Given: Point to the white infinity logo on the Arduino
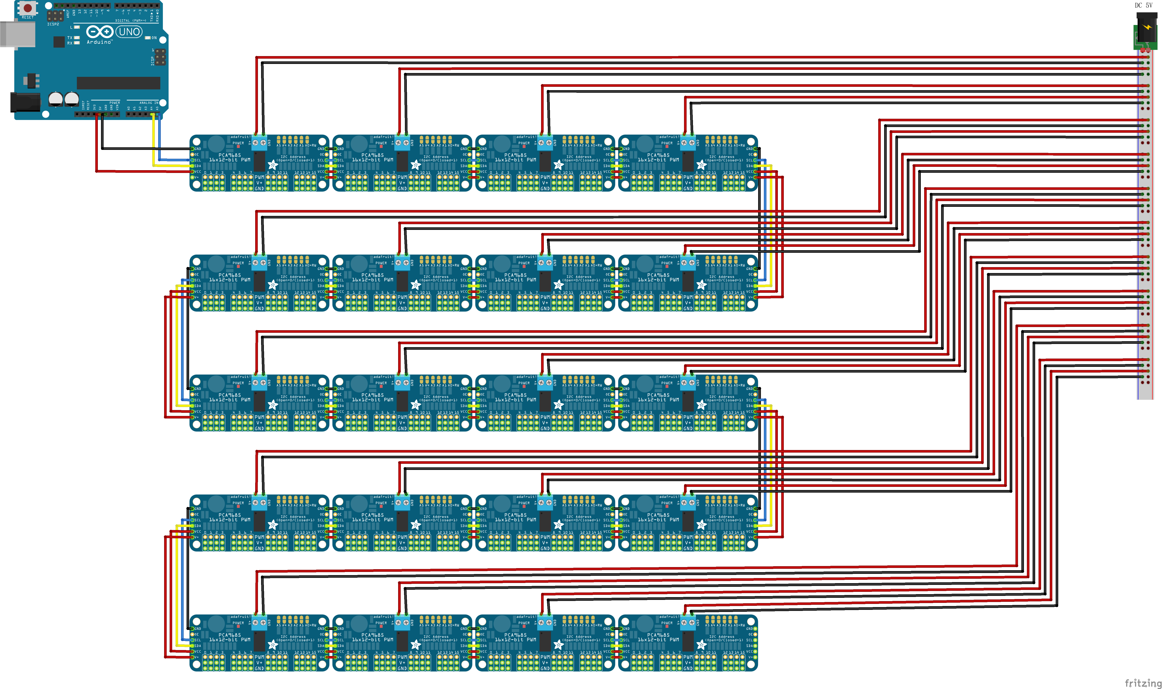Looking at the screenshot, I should pos(99,32).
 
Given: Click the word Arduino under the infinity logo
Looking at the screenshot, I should pos(99,42).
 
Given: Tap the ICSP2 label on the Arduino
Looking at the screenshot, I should pos(53,24).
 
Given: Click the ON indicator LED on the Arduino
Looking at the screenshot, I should pos(148,38).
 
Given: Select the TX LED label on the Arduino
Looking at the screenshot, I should pos(70,38).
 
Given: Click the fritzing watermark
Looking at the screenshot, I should pos(1143,682).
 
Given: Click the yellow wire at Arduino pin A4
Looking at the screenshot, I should pos(153,139).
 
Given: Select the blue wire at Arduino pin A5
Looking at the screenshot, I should pos(159,139).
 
